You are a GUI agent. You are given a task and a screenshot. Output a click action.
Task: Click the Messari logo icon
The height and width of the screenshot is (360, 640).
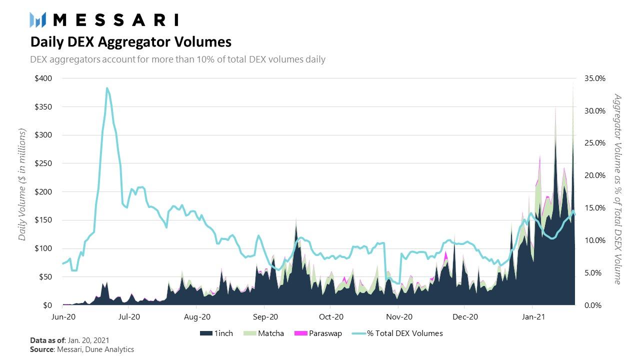coord(38,20)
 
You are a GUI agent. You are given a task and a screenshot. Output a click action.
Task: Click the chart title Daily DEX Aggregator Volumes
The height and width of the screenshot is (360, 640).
coord(130,41)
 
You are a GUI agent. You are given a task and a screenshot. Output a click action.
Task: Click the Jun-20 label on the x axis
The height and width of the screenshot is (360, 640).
coord(63,316)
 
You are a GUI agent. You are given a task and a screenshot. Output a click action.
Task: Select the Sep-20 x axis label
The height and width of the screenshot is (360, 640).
coord(265,316)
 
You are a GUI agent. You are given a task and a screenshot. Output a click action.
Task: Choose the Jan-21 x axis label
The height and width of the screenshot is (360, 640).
coord(533,316)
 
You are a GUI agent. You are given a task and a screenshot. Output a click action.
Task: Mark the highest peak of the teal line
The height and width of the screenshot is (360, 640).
coord(107,88)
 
